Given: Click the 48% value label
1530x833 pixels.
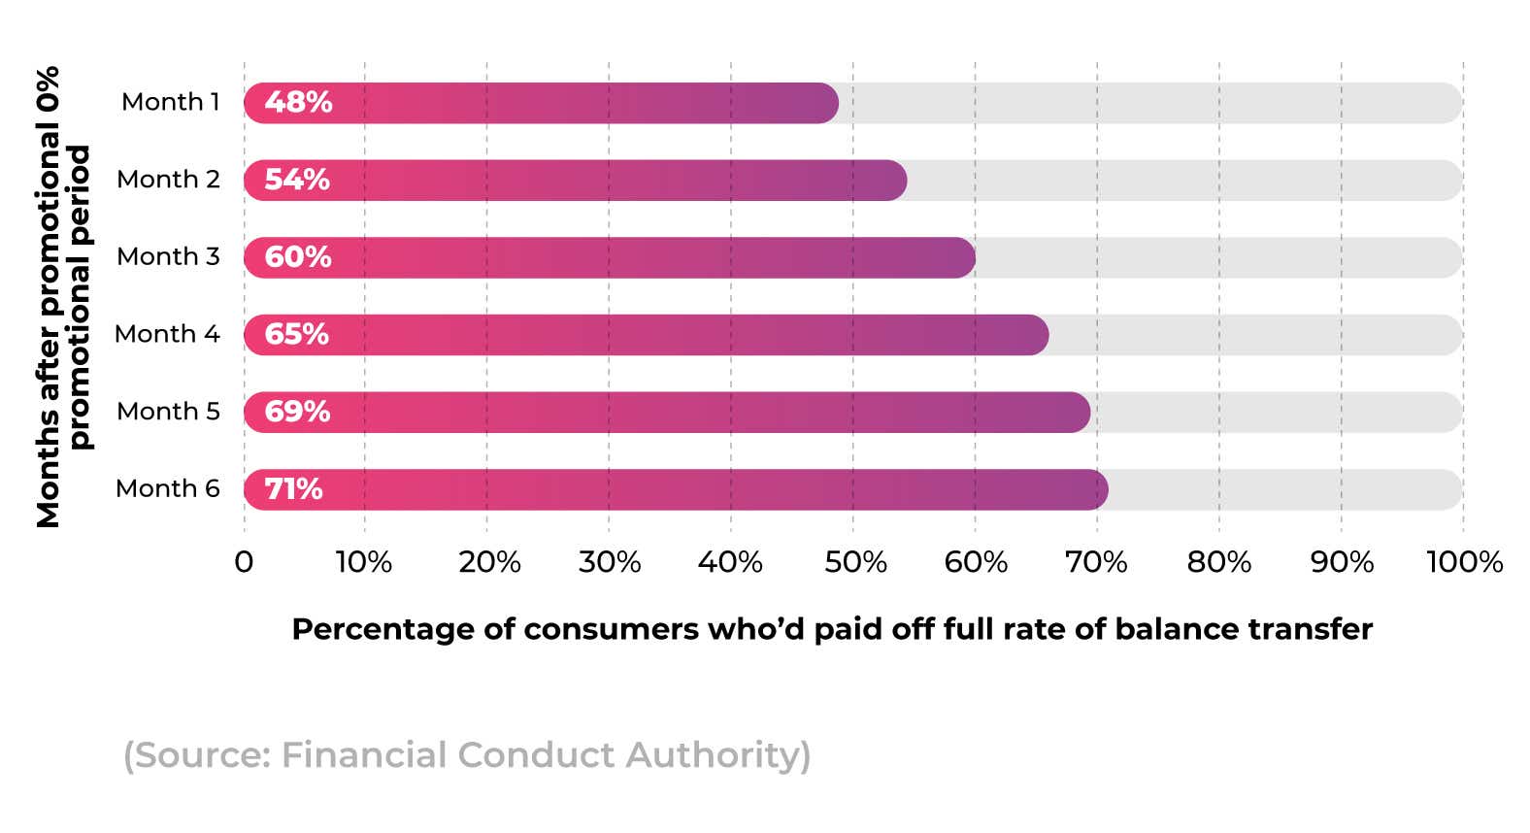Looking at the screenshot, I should pyautogui.click(x=298, y=102).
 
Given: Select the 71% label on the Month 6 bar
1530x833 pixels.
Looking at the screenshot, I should pyautogui.click(x=293, y=488).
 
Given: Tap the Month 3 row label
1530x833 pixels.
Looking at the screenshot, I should pyautogui.click(x=168, y=256).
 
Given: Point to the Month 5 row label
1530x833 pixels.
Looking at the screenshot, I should pyautogui.click(x=168, y=412).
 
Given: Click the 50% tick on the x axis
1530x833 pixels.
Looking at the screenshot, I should pyautogui.click(x=855, y=562).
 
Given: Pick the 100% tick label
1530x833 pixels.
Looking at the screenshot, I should pyautogui.click(x=1464, y=562).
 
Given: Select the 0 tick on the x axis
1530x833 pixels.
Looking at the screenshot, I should pyautogui.click(x=244, y=562).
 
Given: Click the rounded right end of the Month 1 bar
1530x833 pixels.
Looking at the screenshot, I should pyautogui.click(x=825, y=103).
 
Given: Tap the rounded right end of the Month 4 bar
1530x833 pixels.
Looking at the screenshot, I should pyautogui.click(x=1035, y=335).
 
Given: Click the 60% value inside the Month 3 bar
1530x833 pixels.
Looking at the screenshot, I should pyautogui.click(x=298, y=257).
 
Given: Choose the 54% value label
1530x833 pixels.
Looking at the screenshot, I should pyautogui.click(x=297, y=180).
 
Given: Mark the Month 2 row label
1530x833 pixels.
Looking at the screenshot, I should pyautogui.click(x=168, y=180).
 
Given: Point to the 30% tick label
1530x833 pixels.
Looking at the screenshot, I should pyautogui.click(x=610, y=562).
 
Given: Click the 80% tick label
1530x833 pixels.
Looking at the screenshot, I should pyautogui.click(x=1219, y=562).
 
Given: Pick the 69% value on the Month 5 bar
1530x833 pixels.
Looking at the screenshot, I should pyautogui.click(x=297, y=412).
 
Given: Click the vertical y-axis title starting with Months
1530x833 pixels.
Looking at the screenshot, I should pyautogui.click(x=63, y=296).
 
